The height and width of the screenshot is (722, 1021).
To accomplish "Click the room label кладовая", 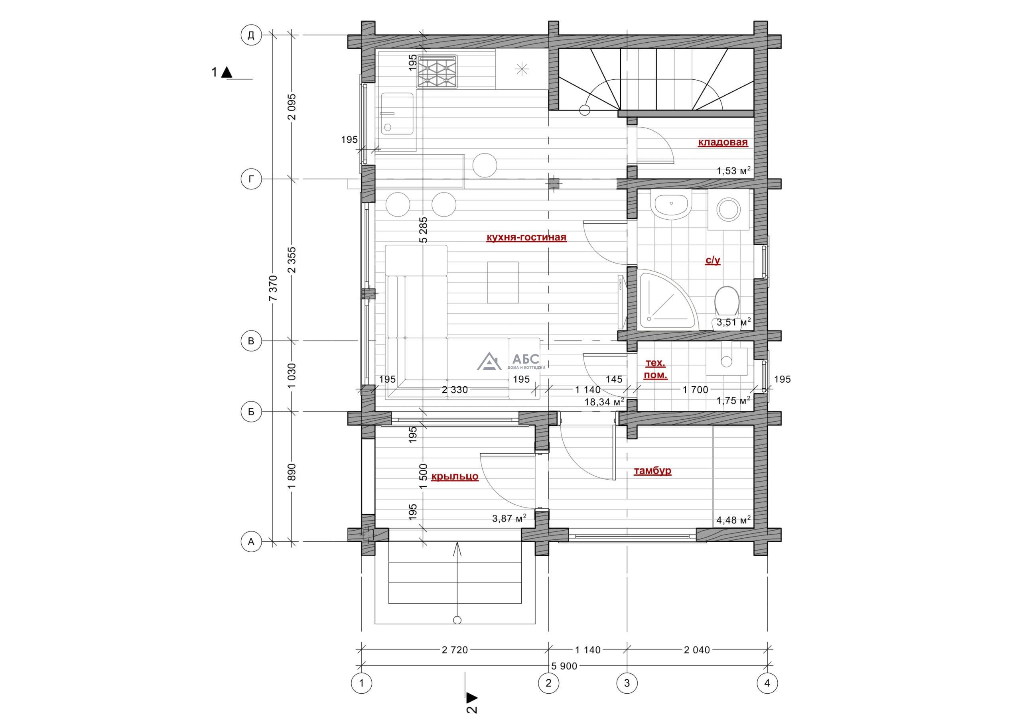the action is point(723,143).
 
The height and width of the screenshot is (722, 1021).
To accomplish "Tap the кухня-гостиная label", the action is point(526,237).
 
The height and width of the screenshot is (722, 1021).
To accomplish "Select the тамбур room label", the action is point(652,471).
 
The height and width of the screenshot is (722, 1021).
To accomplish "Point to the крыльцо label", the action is point(455,476).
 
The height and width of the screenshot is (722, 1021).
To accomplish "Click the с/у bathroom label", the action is point(713,260).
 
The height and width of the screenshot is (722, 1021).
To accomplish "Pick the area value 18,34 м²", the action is point(604,402).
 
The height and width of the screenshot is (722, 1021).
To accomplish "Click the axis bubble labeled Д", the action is point(251,35).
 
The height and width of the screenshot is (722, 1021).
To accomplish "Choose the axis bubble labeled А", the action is point(251,542).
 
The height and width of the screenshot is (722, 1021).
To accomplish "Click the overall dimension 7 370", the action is point(274,288).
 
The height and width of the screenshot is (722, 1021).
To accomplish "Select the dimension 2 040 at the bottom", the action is point(697,650).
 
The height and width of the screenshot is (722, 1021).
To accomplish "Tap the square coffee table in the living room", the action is point(503,282).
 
